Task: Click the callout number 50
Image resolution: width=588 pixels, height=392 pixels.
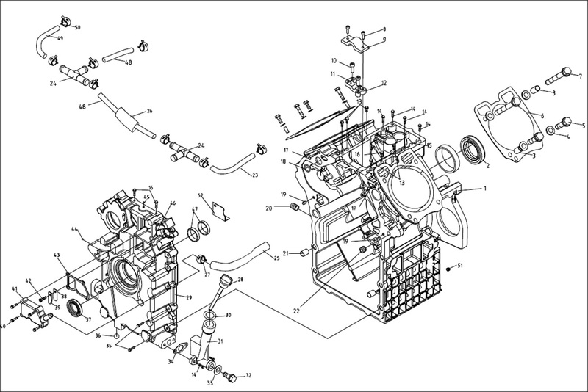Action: click(78, 27)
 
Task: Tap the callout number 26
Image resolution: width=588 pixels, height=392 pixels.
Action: click(149, 112)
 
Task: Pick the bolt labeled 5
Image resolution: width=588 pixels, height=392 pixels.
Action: click(563, 121)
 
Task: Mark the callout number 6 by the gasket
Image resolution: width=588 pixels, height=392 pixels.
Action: click(542, 115)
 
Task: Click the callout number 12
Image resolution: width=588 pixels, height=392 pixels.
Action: click(383, 84)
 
